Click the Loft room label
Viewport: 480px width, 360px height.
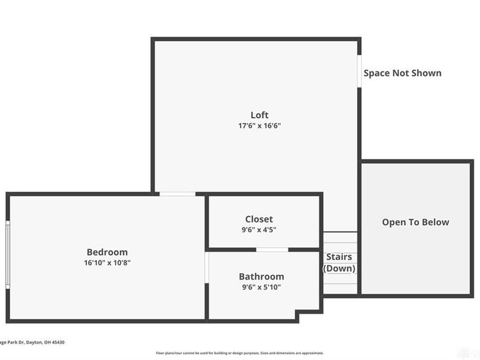(x=259, y=115)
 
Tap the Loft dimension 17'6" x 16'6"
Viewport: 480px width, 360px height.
(x=259, y=126)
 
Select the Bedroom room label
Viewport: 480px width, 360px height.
(x=107, y=252)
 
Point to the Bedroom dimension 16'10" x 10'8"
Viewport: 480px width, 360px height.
(x=107, y=263)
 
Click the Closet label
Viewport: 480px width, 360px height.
(x=259, y=219)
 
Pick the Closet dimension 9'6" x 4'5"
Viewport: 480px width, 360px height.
(x=259, y=230)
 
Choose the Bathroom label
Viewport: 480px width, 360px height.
(x=261, y=277)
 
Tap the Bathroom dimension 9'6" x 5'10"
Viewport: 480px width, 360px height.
(x=261, y=287)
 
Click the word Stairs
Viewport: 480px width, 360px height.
(x=339, y=257)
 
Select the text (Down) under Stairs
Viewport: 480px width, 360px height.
(x=339, y=268)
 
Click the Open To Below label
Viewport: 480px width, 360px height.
(x=415, y=222)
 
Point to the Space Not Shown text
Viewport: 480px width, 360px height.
(x=402, y=73)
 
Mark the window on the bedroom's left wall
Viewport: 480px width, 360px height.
(x=8, y=254)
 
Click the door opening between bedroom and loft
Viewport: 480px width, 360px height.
(x=177, y=194)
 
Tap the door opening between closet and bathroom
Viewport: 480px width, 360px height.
(x=272, y=249)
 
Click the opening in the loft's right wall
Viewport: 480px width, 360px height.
(x=359, y=71)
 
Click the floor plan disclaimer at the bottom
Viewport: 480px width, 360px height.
(x=239, y=353)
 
